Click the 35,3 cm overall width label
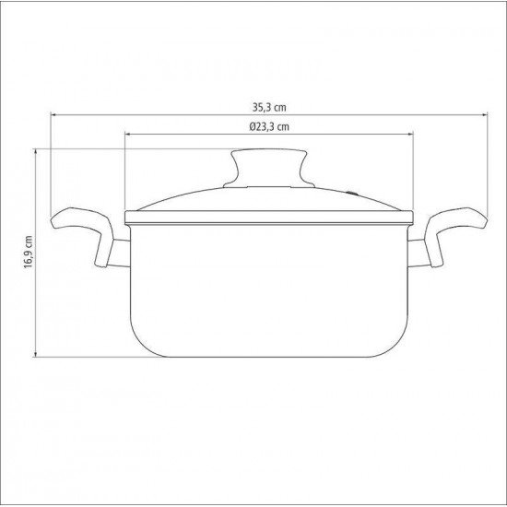pyautogui.click(x=267, y=106)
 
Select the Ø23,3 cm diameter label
pyautogui.click(x=267, y=127)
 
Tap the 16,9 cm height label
pyautogui.click(x=29, y=251)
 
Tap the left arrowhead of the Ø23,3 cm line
pyautogui.click(x=127, y=136)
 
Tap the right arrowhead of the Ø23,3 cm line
pyautogui.click(x=409, y=136)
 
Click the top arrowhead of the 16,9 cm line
pyautogui.click(x=36, y=150)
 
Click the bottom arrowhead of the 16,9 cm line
pyautogui.click(x=36, y=354)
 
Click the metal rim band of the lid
pyautogui.click(x=267, y=218)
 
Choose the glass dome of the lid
pyautogui.click(x=203, y=199)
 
